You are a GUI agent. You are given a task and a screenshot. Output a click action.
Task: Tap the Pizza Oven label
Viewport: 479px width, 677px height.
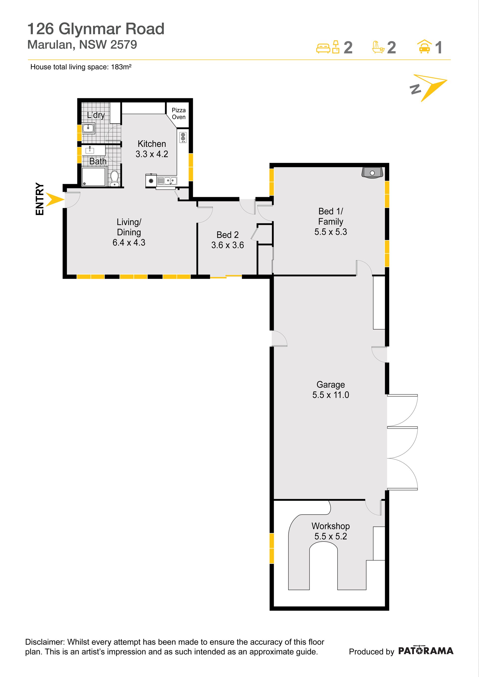179,114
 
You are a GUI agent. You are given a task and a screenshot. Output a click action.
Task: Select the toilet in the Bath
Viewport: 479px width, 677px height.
115,179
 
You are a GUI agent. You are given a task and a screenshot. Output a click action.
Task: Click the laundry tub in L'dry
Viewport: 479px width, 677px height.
88,128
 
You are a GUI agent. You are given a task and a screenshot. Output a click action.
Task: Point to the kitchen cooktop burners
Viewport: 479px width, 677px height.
183,137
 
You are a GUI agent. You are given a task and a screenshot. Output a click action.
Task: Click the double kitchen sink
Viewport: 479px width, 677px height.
167,180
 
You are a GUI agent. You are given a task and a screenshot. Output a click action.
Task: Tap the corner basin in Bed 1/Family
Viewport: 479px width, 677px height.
372,172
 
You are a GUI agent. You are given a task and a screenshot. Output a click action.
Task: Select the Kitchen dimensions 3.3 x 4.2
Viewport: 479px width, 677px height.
152,154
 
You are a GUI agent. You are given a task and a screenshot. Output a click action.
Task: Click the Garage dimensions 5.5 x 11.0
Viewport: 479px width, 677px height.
331,395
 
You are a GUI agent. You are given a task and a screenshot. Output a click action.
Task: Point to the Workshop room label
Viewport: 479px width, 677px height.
331,526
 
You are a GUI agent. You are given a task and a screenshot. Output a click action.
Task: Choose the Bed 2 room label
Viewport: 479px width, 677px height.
228,235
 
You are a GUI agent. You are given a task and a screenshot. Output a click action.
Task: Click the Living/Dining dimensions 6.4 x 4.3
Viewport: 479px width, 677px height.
129,243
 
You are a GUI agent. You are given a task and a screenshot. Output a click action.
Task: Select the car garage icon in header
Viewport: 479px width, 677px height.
424,47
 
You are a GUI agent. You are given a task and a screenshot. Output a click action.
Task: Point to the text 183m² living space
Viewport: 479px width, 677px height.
121,67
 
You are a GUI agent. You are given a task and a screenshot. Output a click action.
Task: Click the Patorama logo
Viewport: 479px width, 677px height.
426,651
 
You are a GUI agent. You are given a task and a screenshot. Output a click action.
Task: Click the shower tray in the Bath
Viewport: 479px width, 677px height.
94,176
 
